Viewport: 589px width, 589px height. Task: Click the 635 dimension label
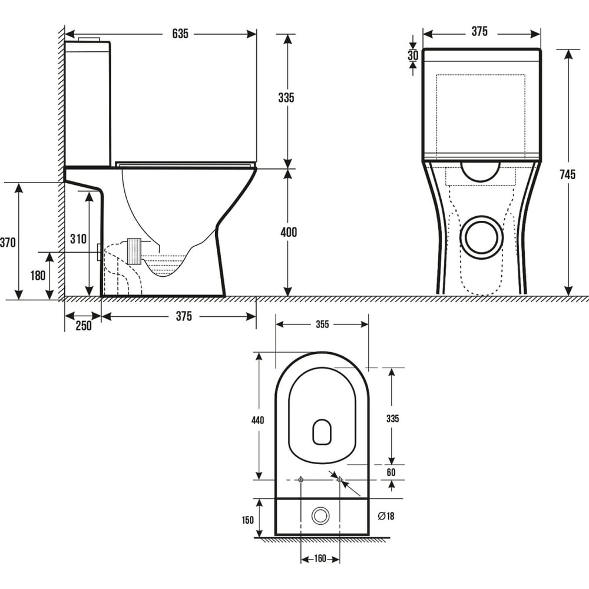tap(180, 34)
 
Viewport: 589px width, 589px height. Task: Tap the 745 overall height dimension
tap(567, 174)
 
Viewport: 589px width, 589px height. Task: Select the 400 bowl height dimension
tap(289, 232)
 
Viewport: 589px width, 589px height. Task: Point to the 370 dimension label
tap(8, 242)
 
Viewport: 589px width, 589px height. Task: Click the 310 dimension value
tap(78, 239)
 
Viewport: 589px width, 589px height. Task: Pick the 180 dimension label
tap(38, 275)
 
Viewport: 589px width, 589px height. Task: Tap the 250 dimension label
tap(84, 326)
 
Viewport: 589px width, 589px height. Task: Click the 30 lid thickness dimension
tap(413, 55)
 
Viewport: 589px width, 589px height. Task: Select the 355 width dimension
tap(322, 324)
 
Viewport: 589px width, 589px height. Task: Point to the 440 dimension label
tap(258, 419)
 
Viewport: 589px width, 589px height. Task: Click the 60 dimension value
tap(391, 472)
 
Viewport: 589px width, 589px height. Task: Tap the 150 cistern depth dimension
tap(247, 520)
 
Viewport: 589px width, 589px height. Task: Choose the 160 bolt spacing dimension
tap(320, 558)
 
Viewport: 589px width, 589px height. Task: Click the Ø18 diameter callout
tap(386, 516)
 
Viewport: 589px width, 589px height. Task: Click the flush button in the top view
tap(320, 516)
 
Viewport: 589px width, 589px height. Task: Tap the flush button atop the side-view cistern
tap(89, 39)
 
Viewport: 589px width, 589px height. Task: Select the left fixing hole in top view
tap(301, 479)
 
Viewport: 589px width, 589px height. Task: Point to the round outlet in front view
tap(482, 237)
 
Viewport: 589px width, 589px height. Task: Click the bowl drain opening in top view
tap(322, 432)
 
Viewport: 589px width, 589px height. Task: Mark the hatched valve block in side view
tap(134, 251)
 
